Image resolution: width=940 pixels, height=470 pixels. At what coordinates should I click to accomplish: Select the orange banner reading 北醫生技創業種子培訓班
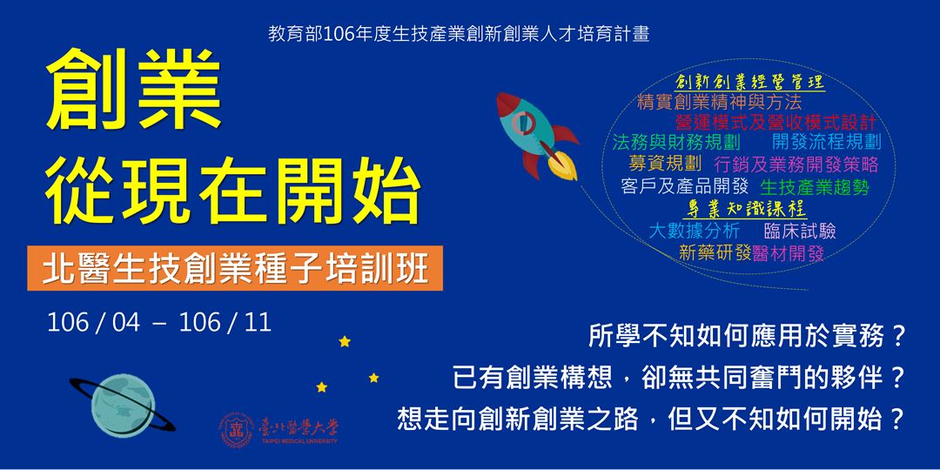click(234, 269)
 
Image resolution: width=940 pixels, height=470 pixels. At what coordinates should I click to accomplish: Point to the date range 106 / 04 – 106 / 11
click(159, 323)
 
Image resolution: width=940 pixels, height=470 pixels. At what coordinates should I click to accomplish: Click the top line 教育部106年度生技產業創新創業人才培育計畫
click(460, 35)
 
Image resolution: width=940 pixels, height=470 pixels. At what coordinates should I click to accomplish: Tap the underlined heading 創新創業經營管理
click(749, 83)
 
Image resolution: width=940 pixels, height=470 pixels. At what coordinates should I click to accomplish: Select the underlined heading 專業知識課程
click(748, 209)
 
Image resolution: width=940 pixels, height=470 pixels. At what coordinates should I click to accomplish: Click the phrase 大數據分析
click(695, 231)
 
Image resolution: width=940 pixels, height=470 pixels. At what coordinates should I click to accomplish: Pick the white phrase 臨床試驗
click(800, 231)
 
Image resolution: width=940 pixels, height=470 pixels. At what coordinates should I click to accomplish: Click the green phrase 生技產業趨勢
click(815, 186)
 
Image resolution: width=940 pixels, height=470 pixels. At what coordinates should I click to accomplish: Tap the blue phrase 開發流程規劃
click(826, 142)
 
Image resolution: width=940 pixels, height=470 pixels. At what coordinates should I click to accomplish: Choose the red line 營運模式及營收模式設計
click(775, 123)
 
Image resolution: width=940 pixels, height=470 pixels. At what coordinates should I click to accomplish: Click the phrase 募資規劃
click(665, 164)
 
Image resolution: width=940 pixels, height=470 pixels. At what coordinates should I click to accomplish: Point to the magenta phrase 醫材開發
click(789, 253)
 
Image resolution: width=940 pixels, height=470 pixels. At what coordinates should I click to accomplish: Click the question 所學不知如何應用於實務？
click(748, 334)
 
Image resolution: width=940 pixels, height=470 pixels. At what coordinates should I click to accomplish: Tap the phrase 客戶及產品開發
click(685, 185)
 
